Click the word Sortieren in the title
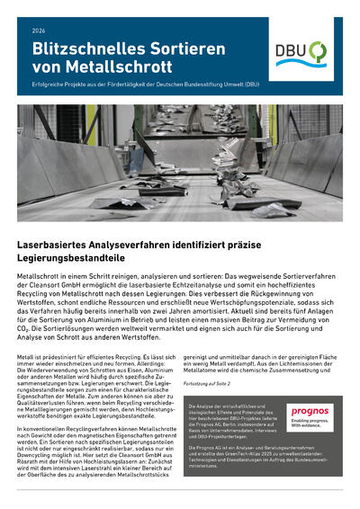coord(180,49)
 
